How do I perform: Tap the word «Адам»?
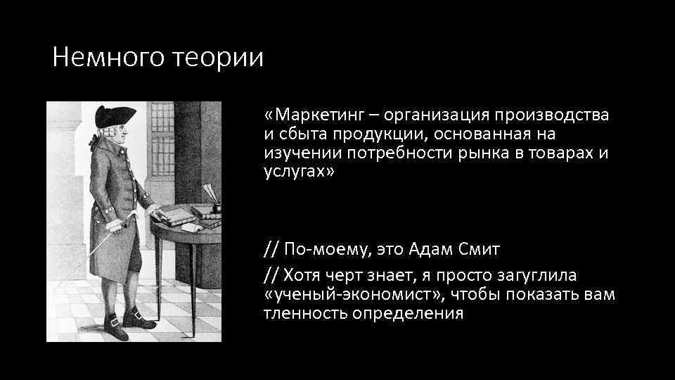click(439, 248)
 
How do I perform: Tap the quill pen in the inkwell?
click(210, 193)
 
